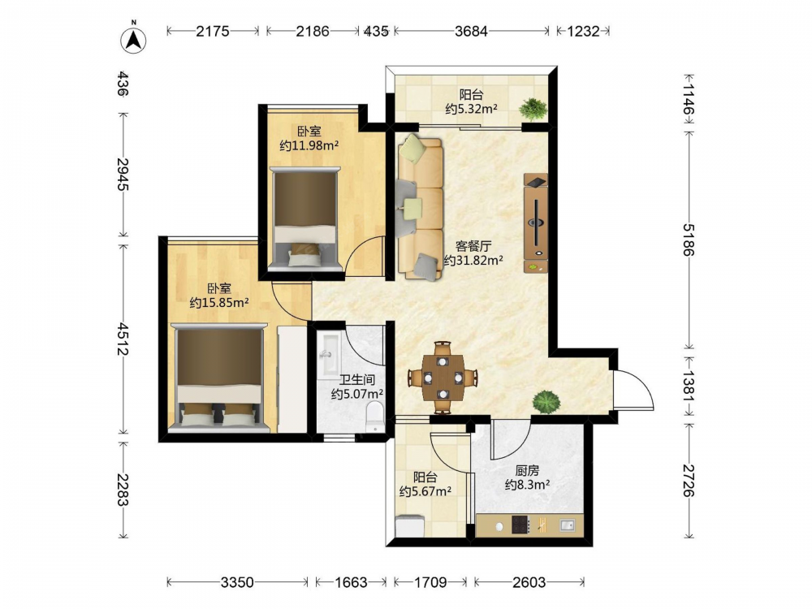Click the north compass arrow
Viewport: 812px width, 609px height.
[134, 39]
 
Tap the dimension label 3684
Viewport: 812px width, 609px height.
[471, 31]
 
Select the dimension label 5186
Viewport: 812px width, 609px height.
[689, 240]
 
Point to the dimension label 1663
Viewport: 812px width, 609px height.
[351, 582]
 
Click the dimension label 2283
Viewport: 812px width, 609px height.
[123, 490]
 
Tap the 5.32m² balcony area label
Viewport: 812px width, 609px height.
[471, 109]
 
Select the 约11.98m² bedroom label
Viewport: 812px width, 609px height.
[309, 145]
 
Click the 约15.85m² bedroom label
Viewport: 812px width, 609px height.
[219, 302]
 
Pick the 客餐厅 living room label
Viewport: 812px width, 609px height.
[473, 246]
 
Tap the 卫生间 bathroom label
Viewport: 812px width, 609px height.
[356, 380]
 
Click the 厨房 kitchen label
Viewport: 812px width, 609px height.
[527, 471]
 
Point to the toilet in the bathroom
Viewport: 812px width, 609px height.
[374, 417]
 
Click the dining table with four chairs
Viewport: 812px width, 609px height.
[443, 378]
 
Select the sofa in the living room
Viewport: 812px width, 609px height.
[421, 207]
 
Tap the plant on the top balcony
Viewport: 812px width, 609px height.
[533, 109]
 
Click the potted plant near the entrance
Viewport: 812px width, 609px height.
[546, 401]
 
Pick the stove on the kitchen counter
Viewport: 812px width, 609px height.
[521, 525]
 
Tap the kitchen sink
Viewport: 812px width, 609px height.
[567, 525]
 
